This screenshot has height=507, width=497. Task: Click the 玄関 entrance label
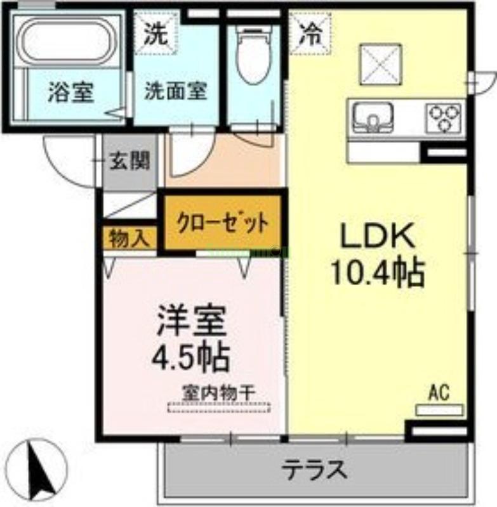(x=129, y=162)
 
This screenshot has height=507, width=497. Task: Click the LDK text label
(x=378, y=238)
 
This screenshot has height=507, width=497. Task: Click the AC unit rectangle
(x=439, y=410)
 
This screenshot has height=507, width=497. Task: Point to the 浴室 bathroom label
(x=70, y=93)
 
